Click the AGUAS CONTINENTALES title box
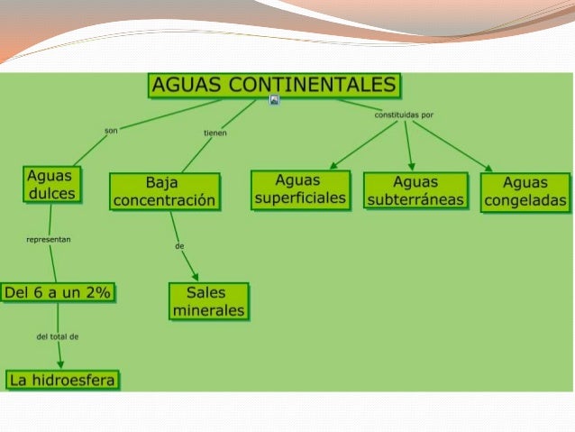pos(274,85)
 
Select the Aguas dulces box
pos(50,183)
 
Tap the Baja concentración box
pos(164,191)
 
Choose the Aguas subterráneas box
pos(415,190)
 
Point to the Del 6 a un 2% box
pos(59,292)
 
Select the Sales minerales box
pos(208,301)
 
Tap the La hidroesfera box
pos(63,380)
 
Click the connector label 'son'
pos(111,130)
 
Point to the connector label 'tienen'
pos(214,133)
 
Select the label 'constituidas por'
pos(403,115)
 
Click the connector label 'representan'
pos(49,240)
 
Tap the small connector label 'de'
pos(179,245)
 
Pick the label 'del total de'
pos(58,336)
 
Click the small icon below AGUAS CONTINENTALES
pos(275,100)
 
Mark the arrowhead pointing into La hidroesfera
pos(60,364)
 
